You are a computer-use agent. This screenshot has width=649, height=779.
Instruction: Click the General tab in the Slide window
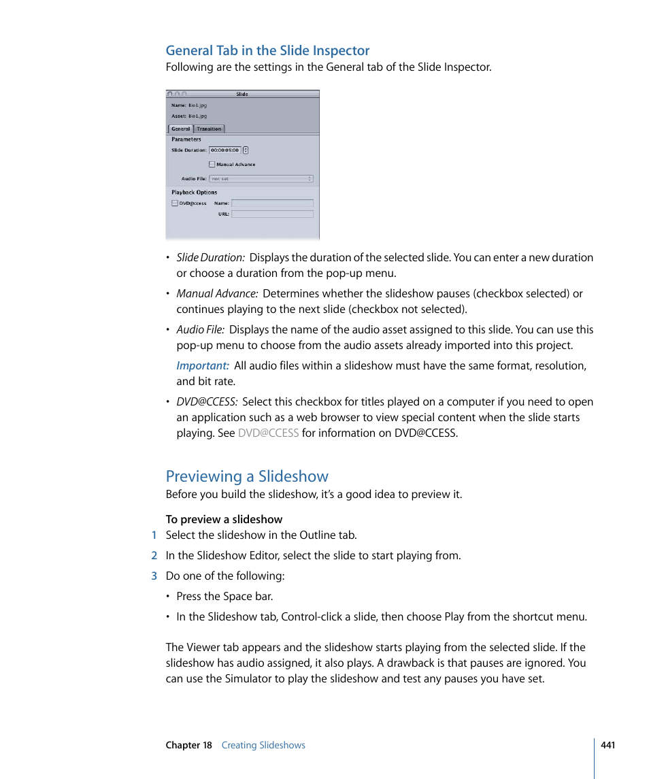(x=180, y=129)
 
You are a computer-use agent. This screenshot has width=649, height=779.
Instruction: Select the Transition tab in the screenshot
(x=209, y=129)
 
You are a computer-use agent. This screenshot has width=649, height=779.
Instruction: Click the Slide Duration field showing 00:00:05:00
(x=224, y=150)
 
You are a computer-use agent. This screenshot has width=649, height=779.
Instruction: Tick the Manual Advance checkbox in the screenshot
(x=212, y=165)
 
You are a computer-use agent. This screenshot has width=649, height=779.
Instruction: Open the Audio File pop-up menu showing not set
(x=261, y=179)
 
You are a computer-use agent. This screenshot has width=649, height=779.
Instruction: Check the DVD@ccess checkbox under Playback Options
(x=175, y=203)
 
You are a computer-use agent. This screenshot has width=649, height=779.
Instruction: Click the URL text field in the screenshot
(x=272, y=214)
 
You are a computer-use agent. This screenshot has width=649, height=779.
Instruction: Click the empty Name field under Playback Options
(x=272, y=203)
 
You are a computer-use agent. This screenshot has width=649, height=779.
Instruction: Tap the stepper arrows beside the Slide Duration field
(x=246, y=150)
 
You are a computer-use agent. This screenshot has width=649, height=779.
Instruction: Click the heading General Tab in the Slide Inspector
(x=267, y=50)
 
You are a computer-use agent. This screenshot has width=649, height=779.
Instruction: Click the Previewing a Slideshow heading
(x=247, y=476)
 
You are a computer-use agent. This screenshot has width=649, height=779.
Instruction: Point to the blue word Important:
(x=203, y=365)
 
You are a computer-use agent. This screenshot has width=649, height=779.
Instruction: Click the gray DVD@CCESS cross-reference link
(x=268, y=433)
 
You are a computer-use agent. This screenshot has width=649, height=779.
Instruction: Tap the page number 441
(x=608, y=745)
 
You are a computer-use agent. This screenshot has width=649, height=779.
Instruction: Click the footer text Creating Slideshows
(x=263, y=745)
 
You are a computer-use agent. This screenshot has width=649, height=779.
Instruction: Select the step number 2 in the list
(x=154, y=555)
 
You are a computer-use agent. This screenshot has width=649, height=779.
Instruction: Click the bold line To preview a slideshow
(x=224, y=519)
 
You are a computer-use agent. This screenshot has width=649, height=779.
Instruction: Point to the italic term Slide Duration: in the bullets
(x=210, y=257)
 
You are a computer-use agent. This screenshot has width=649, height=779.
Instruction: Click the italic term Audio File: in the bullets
(x=200, y=329)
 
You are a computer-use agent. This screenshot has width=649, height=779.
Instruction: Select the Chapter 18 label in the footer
(x=189, y=745)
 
